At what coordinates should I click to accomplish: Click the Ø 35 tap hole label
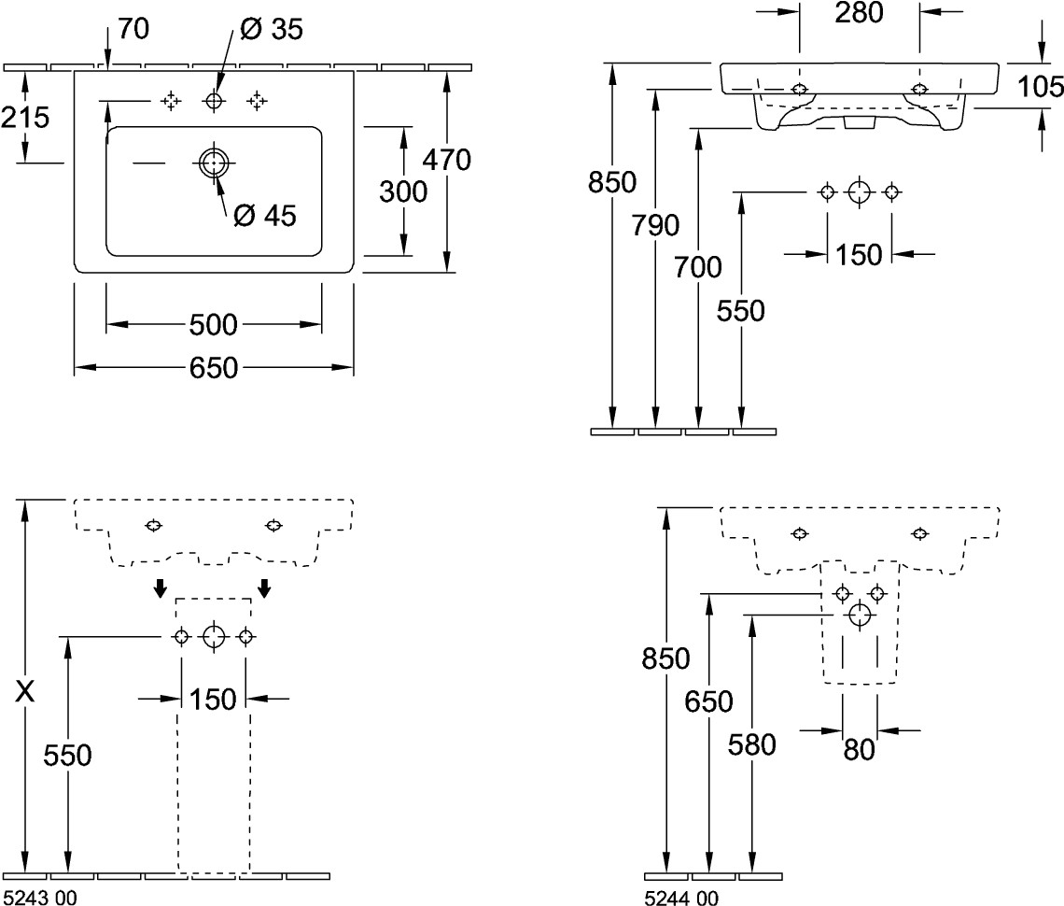(271, 31)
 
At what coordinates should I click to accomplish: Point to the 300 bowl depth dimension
(403, 191)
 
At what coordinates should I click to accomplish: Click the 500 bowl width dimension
(214, 325)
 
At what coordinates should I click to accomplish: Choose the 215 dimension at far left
(25, 118)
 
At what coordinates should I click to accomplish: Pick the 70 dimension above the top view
(133, 30)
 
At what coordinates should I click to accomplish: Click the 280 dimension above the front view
(859, 13)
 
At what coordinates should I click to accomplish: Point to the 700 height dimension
(698, 267)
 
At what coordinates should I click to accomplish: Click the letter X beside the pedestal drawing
(27, 692)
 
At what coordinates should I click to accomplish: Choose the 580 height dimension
(752, 744)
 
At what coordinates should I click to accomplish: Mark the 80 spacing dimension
(860, 749)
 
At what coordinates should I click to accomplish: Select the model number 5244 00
(681, 898)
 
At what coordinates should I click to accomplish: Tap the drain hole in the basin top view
(214, 163)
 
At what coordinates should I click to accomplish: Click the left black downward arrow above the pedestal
(161, 587)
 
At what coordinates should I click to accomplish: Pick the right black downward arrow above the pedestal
(265, 587)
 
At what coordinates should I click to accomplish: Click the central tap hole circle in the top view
(214, 100)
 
